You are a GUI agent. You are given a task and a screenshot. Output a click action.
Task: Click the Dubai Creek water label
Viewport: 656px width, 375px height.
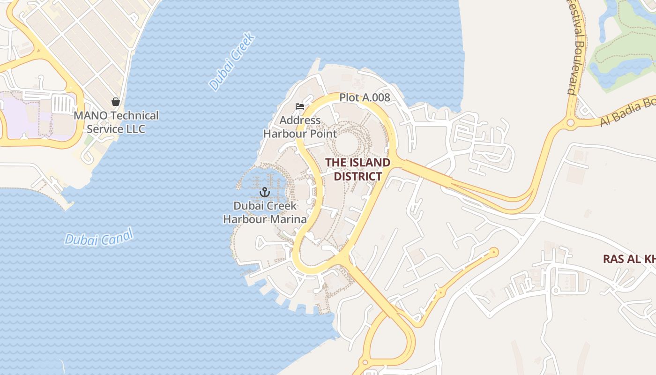tap(232, 61)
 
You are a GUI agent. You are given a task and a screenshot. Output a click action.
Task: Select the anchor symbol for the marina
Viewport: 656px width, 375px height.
tap(265, 192)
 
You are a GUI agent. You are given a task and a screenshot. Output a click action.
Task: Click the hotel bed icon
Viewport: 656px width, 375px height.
tap(300, 106)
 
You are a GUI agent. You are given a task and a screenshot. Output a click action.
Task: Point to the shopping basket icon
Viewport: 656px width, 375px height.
tap(115, 101)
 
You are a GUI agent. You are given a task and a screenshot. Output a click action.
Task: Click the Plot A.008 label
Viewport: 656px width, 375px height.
tap(365, 97)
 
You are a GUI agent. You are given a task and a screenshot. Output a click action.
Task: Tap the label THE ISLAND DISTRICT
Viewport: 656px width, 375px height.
tap(358, 169)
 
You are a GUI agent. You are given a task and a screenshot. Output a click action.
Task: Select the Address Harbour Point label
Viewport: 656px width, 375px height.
tap(300, 127)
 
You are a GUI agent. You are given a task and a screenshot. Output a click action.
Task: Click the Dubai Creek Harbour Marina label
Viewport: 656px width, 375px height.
tap(265, 212)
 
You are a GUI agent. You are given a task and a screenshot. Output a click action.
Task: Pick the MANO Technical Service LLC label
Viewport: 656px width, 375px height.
tap(116, 122)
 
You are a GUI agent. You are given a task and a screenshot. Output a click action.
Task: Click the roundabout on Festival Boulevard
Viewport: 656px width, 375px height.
tap(570, 123)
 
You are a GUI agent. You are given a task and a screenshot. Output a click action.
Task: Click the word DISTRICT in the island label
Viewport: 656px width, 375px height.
tap(358, 176)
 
